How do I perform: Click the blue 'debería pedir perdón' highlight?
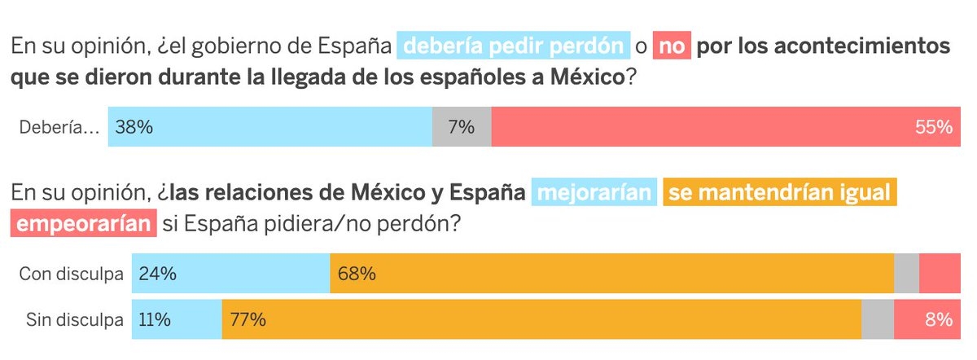pos(514,46)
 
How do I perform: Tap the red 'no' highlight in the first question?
pos(672,46)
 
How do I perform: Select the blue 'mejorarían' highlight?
pos(594,194)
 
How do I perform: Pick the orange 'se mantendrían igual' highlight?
pos(781,194)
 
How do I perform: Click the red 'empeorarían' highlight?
pos(85,223)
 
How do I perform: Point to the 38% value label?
pos(134,127)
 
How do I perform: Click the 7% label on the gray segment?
pos(461,127)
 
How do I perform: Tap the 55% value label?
pos(933,127)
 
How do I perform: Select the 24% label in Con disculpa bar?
pos(158,274)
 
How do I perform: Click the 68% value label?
pos(357,274)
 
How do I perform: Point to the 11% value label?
pos(155,319)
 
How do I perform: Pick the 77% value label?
pos(248,319)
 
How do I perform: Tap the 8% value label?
pos(939,319)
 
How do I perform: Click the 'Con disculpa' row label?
pos(71,274)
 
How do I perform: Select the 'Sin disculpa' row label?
pos(74,319)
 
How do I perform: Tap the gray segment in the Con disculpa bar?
pos(906,274)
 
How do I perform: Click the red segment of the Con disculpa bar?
pos(940,274)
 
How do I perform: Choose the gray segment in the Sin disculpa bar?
pos(877,319)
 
